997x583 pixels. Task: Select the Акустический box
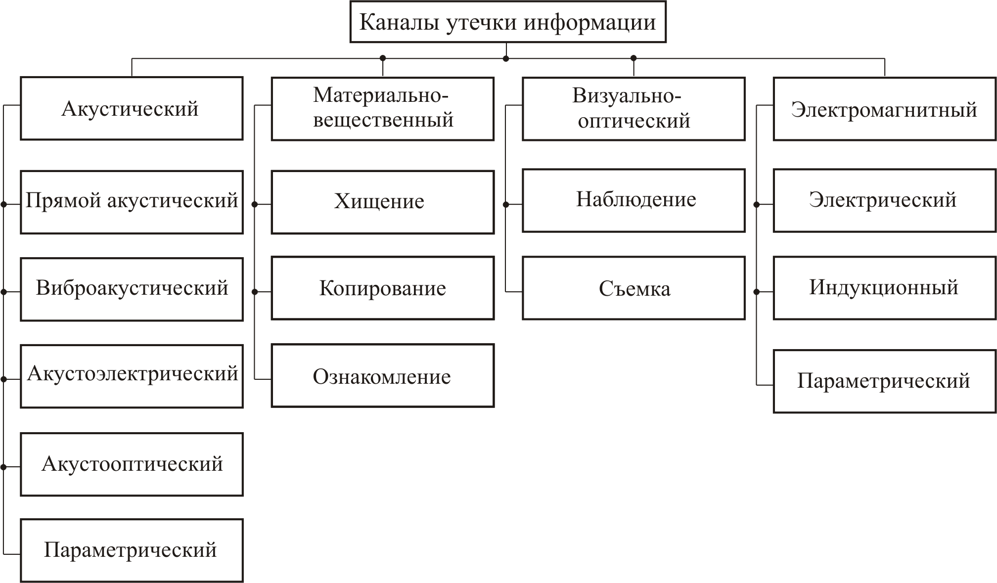click(132, 108)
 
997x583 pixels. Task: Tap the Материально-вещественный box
click(382, 108)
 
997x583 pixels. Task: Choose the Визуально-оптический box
click(634, 108)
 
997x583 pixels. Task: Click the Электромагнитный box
click(884, 108)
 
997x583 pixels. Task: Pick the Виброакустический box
click(132, 289)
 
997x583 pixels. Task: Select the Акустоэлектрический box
click(132, 376)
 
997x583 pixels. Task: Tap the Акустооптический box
click(132, 464)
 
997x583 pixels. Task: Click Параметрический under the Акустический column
click(132, 550)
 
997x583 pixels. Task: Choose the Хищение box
click(382, 202)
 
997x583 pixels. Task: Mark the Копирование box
click(382, 288)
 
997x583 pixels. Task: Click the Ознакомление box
click(382, 376)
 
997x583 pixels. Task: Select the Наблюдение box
click(634, 200)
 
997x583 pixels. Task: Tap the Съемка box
click(634, 288)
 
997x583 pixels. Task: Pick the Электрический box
click(884, 200)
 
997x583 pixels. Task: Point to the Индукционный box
click(884, 288)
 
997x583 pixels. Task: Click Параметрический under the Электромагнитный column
click(884, 381)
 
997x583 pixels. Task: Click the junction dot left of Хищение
click(255, 204)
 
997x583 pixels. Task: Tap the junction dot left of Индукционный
click(756, 292)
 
